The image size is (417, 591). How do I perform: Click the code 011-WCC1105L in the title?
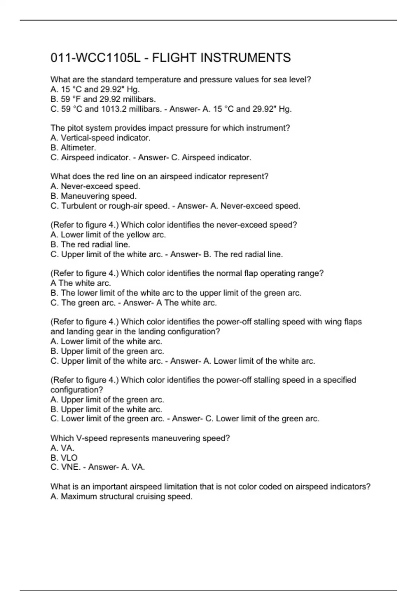coord(96,58)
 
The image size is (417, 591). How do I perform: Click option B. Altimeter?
coord(73,148)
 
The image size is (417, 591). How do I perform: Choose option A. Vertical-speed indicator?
coord(100,138)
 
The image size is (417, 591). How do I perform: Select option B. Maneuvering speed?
coord(93,196)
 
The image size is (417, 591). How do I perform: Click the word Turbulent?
coord(79,206)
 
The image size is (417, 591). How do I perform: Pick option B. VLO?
coord(64,458)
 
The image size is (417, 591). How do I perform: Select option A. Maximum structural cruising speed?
coord(121,496)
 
